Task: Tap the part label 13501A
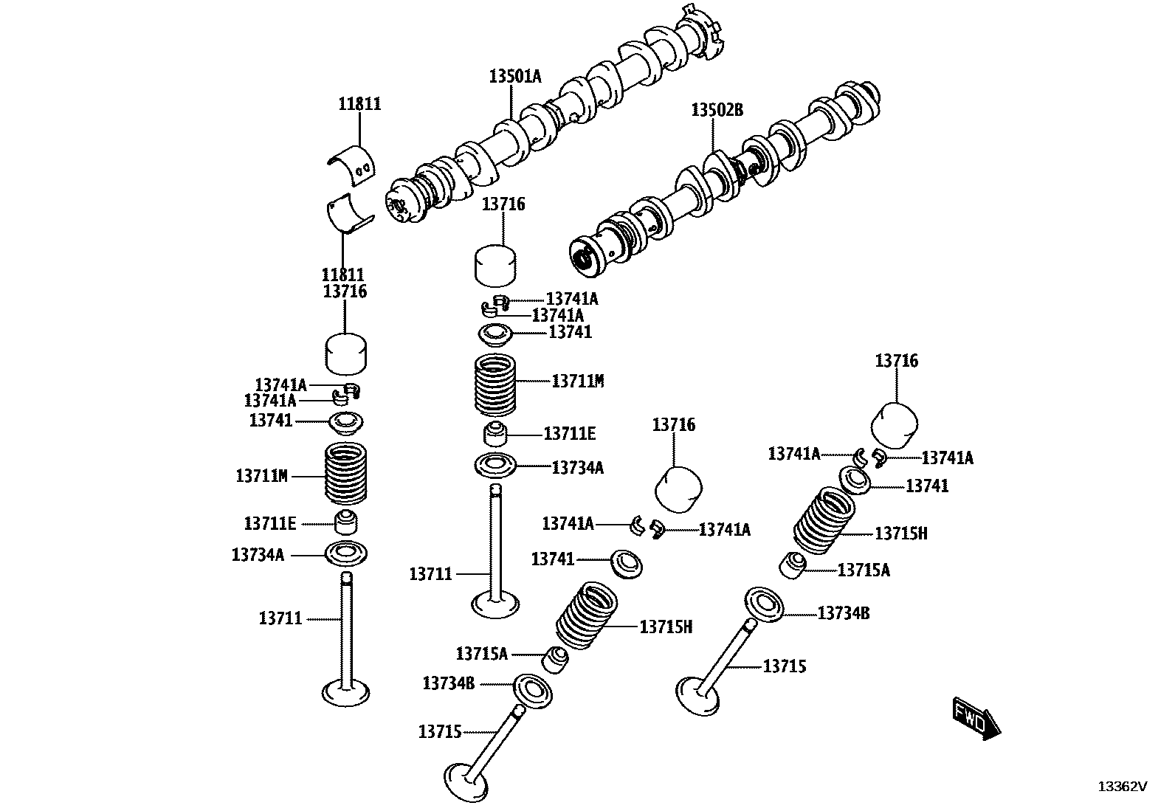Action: click(514, 75)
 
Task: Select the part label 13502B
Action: click(717, 110)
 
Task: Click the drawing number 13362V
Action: click(1121, 787)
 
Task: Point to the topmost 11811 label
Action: click(359, 104)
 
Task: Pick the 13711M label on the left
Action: click(261, 476)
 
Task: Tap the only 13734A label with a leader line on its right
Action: click(257, 554)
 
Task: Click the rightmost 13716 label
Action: click(897, 361)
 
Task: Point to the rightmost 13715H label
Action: click(900, 533)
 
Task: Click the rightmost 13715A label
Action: click(864, 570)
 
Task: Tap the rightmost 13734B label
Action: click(844, 612)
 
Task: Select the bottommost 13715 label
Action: click(440, 731)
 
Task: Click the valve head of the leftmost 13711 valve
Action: click(346, 692)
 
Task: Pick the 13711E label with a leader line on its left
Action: click(569, 434)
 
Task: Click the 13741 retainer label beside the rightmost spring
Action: click(927, 486)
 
